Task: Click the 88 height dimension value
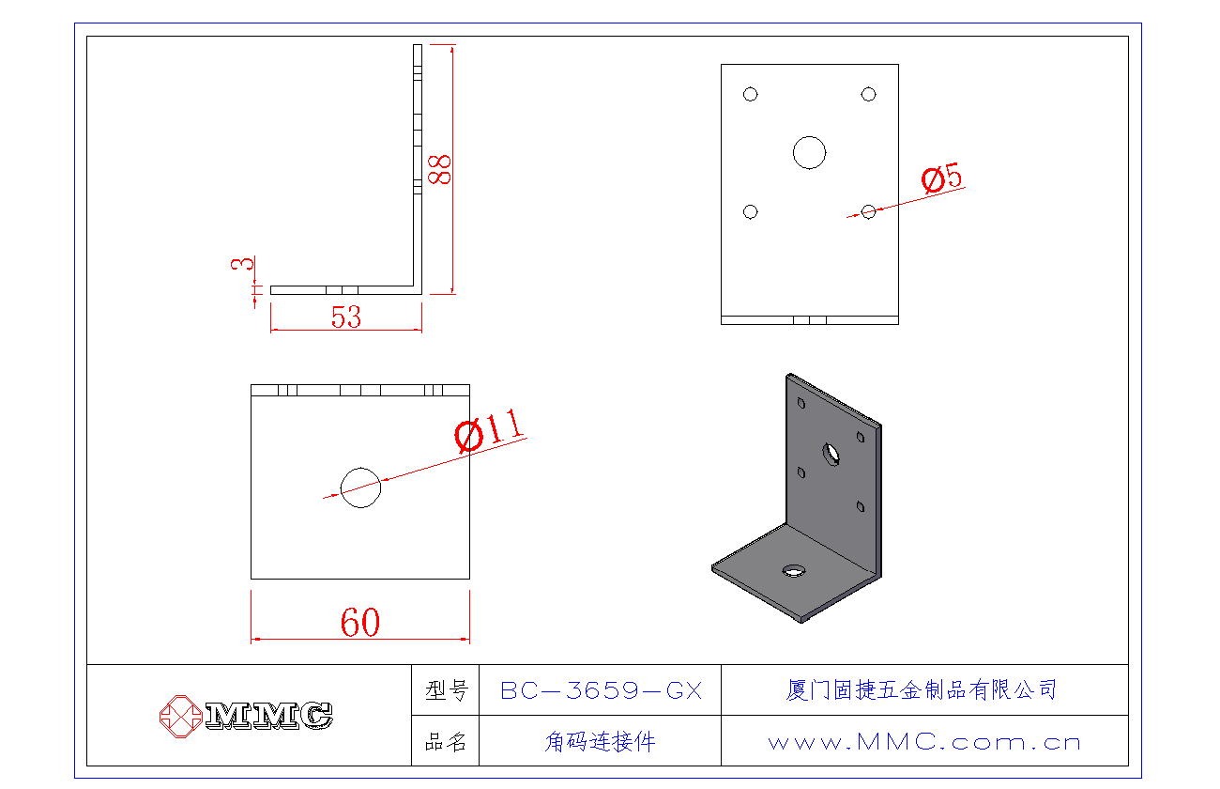tap(439, 169)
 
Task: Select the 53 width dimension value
tap(346, 317)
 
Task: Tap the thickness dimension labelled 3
tap(242, 265)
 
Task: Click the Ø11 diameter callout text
tap(489, 431)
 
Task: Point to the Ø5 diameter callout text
tap(942, 178)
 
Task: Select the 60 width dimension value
tap(360, 622)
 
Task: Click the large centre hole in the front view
tap(809, 152)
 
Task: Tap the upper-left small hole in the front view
tap(750, 94)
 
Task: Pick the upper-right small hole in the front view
tap(868, 94)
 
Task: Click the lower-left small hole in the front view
tap(750, 211)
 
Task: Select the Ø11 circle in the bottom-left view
tap(360, 487)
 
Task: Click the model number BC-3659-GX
tap(601, 691)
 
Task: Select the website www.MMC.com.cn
tap(923, 742)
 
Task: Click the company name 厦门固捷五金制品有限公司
tap(922, 690)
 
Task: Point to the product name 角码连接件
tap(601, 742)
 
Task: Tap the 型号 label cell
tap(446, 691)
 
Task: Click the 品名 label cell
tap(446, 742)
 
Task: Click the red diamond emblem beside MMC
tap(180, 716)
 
